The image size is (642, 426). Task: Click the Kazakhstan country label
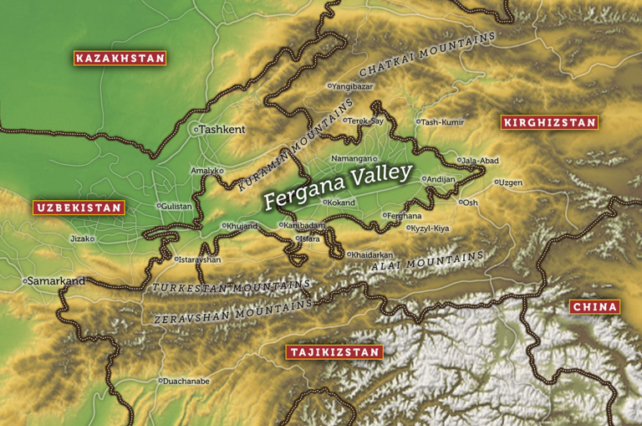coord(120,59)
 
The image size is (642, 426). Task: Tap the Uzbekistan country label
coord(79,208)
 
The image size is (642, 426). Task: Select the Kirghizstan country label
coord(549,123)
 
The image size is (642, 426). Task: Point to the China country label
coord(595,307)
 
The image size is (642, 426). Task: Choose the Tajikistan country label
coord(334,352)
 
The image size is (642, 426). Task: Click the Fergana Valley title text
coord(338,187)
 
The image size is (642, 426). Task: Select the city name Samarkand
coord(57,281)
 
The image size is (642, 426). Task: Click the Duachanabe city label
coord(187,381)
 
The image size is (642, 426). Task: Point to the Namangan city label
coord(350,158)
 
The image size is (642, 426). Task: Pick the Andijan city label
coord(441,178)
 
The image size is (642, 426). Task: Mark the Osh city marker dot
coord(461,202)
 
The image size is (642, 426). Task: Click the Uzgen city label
coord(511,182)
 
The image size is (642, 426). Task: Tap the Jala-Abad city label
coord(481,160)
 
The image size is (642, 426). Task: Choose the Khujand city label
coord(242,226)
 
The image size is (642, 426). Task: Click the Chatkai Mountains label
coord(427,54)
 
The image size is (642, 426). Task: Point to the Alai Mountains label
coord(427,261)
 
